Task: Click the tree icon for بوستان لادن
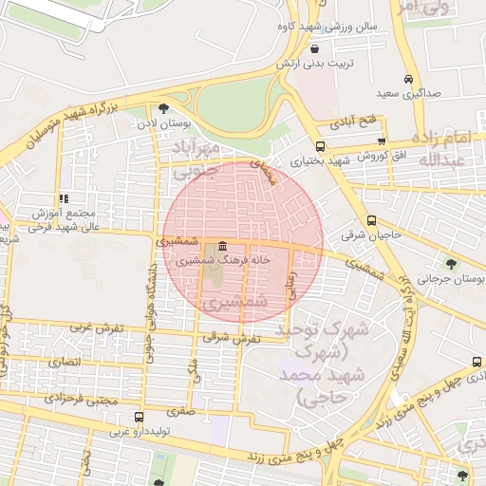[x=164, y=108]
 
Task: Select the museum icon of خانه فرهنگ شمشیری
[x=222, y=245]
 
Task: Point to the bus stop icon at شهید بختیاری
[x=320, y=146]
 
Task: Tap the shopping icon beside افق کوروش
[x=381, y=140]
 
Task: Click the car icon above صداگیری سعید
[x=407, y=80]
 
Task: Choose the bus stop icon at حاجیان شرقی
[x=371, y=219]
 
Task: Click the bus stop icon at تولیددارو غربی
[x=140, y=417]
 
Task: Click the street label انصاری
[x=62, y=361]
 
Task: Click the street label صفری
[x=178, y=412]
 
